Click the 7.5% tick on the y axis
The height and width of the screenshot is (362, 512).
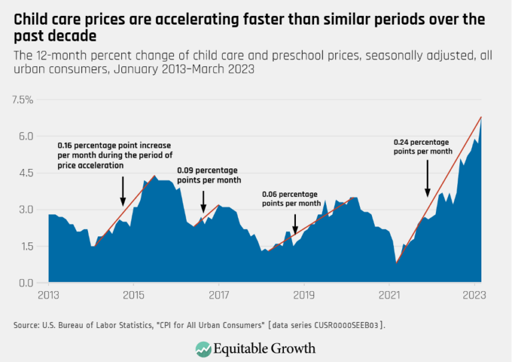click(23, 100)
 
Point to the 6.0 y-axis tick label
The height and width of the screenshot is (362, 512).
click(25, 136)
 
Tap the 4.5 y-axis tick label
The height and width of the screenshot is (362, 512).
click(25, 173)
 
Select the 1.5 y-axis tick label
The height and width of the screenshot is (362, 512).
click(25, 246)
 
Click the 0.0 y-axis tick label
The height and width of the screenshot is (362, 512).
click(25, 283)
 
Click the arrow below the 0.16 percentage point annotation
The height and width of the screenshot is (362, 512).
click(123, 190)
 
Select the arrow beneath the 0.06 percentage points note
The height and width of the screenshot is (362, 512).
click(295, 224)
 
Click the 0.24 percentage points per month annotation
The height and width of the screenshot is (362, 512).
click(421, 147)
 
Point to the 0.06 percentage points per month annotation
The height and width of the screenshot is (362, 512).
click(290, 198)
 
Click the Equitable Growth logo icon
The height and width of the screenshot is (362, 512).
click(203, 348)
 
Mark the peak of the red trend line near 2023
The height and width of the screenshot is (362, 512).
click(481, 117)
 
